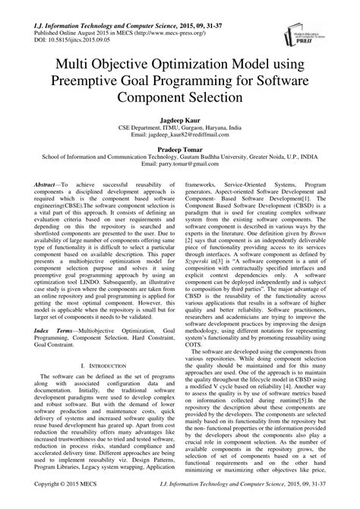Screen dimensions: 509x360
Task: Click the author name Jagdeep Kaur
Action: tap(180, 121)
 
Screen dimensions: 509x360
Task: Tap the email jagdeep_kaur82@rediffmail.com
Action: tap(180, 137)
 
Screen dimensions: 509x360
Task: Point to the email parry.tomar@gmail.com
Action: tap(180, 166)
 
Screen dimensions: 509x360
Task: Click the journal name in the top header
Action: tap(106, 8)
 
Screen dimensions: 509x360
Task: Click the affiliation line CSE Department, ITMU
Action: tap(180, 129)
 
